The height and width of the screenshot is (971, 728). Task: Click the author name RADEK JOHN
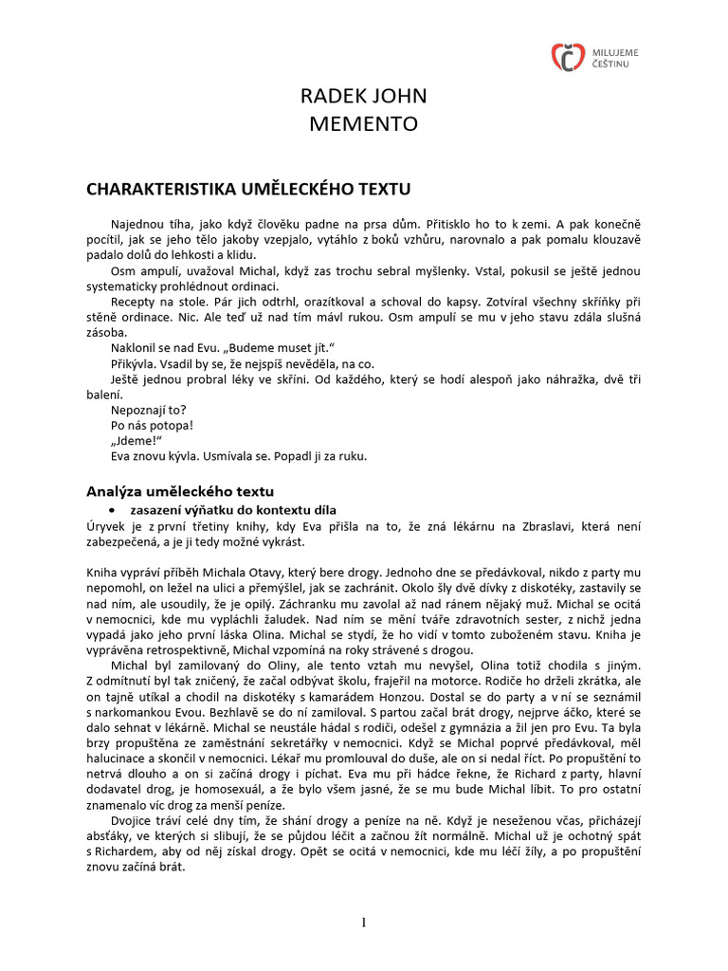(x=363, y=96)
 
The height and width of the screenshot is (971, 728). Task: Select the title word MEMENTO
(x=363, y=123)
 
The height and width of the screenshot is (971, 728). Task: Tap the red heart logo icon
(x=567, y=56)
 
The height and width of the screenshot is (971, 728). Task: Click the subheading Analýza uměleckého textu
(x=180, y=491)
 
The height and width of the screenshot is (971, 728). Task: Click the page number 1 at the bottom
(x=364, y=924)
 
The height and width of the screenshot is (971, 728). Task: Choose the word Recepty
(x=136, y=302)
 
